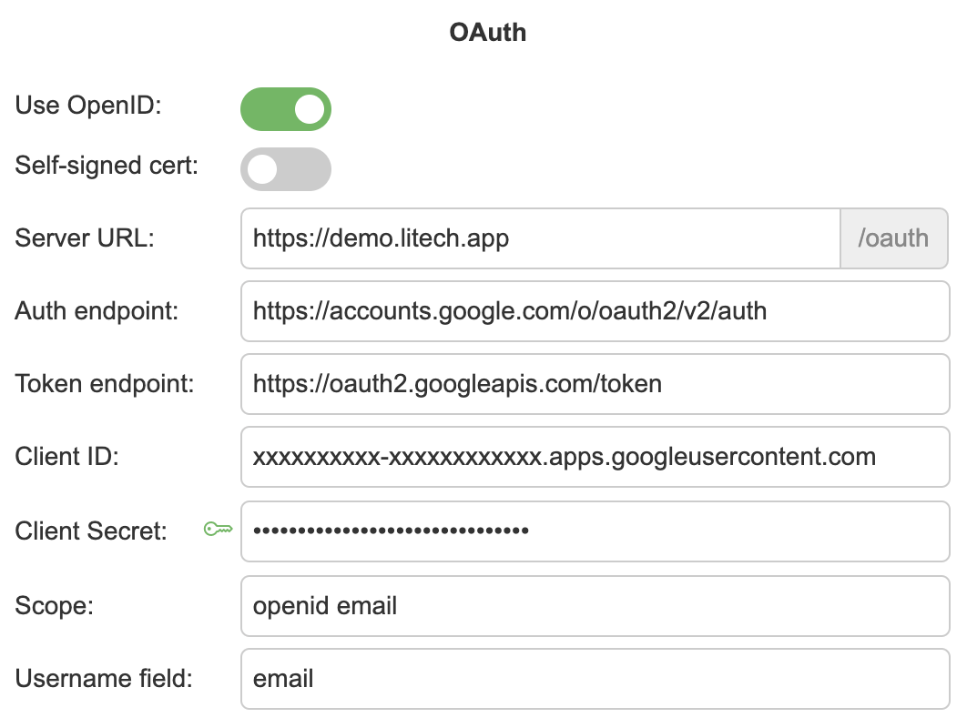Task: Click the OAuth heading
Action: pos(487,33)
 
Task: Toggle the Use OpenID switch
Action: pos(285,109)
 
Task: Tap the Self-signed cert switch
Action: pos(285,169)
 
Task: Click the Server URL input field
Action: pos(539,239)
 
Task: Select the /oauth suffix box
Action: pos(893,239)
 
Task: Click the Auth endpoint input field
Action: pos(595,311)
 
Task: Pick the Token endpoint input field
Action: pos(595,384)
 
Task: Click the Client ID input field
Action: pos(595,456)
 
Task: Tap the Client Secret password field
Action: pos(595,530)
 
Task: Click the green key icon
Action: pos(218,530)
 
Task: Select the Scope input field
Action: pos(595,605)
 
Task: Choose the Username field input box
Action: pos(595,678)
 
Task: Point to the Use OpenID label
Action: pos(88,106)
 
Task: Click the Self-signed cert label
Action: pos(107,166)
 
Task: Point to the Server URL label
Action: pos(86,239)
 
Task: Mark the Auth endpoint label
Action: pos(97,311)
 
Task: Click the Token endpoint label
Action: pos(105,384)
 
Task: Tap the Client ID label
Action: pos(67,456)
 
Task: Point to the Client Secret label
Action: pos(91,531)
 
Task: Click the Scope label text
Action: pos(55,605)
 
